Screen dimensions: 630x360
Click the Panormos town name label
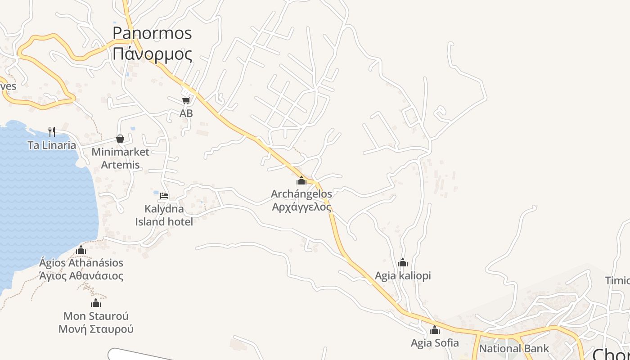[152, 33]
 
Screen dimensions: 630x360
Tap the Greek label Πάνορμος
[152, 54]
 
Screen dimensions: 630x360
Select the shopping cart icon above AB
[186, 100]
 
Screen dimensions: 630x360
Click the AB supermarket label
[186, 113]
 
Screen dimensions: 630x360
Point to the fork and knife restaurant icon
[52, 132]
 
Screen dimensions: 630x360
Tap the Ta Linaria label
[52, 145]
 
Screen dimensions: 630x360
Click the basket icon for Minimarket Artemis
[120, 139]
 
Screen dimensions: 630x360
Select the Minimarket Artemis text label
[120, 158]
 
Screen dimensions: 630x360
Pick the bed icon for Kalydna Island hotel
[164, 196]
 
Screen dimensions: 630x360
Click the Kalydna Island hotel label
[164, 215]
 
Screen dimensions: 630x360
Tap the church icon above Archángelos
[301, 181]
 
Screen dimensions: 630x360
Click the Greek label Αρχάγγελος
[301, 207]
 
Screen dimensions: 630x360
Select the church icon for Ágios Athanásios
[81, 250]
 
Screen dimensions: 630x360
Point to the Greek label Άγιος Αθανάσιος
[81, 276]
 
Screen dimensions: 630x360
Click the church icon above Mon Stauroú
[96, 303]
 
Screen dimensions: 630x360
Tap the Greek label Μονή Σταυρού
[96, 329]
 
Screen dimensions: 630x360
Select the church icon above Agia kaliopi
[403, 262]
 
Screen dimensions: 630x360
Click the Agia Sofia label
[435, 343]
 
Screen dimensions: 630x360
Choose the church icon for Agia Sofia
[435, 330]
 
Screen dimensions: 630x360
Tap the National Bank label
[514, 348]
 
